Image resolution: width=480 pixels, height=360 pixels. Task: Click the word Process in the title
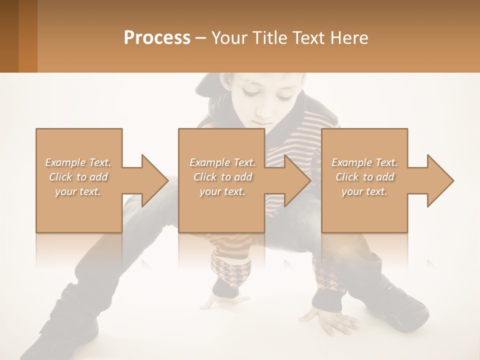tap(157, 37)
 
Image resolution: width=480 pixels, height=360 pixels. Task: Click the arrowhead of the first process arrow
tap(154, 180)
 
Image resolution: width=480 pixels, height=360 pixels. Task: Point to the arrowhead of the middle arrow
tap(297, 180)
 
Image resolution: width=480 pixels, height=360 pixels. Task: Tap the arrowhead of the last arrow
tap(440, 180)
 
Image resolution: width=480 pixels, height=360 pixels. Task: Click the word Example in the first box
tap(65, 162)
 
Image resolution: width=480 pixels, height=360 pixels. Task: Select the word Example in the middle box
tap(209, 162)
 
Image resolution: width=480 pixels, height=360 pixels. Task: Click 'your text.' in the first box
tap(78, 191)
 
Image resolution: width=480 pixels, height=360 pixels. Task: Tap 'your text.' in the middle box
tap(222, 191)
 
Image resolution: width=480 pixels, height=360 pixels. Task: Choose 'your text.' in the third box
tap(364, 191)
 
